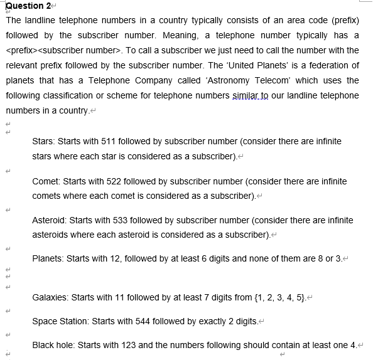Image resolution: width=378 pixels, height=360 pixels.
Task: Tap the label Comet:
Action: [x=47, y=181]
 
